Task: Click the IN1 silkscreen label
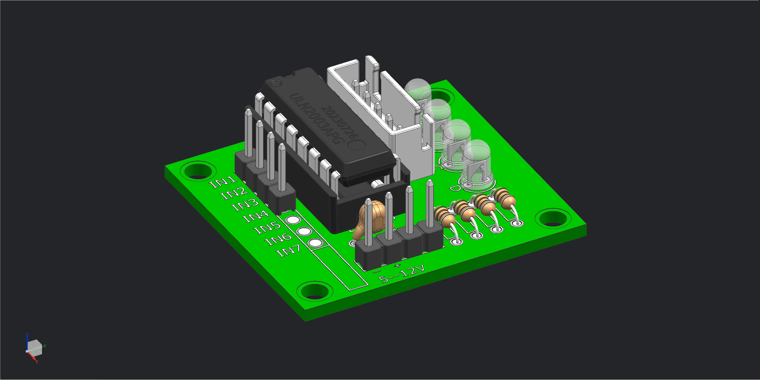223,182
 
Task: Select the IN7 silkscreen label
288,251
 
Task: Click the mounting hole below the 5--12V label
315,291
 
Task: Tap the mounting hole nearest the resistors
553,218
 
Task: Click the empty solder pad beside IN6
304,231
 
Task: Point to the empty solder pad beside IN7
315,243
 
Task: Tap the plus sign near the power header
398,265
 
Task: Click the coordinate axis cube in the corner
34,347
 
